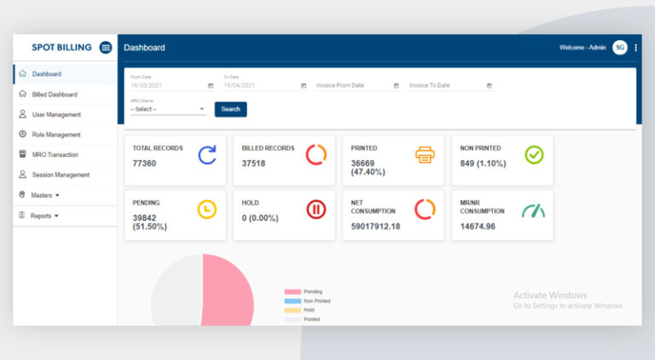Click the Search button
point(231,109)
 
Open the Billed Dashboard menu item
point(55,94)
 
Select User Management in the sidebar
point(56,114)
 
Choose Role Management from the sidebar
point(56,135)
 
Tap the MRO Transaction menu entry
point(55,154)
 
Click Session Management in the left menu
point(60,175)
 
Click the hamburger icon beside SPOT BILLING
point(106,48)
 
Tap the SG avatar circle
point(620,48)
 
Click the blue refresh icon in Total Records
point(207,154)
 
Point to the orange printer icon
point(425,154)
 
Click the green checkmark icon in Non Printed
point(534,154)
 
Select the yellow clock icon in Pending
point(207,209)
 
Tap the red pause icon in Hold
point(316,209)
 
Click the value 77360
point(145,163)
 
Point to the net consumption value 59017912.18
point(375,226)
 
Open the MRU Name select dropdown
point(167,109)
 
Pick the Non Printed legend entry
point(316,301)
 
